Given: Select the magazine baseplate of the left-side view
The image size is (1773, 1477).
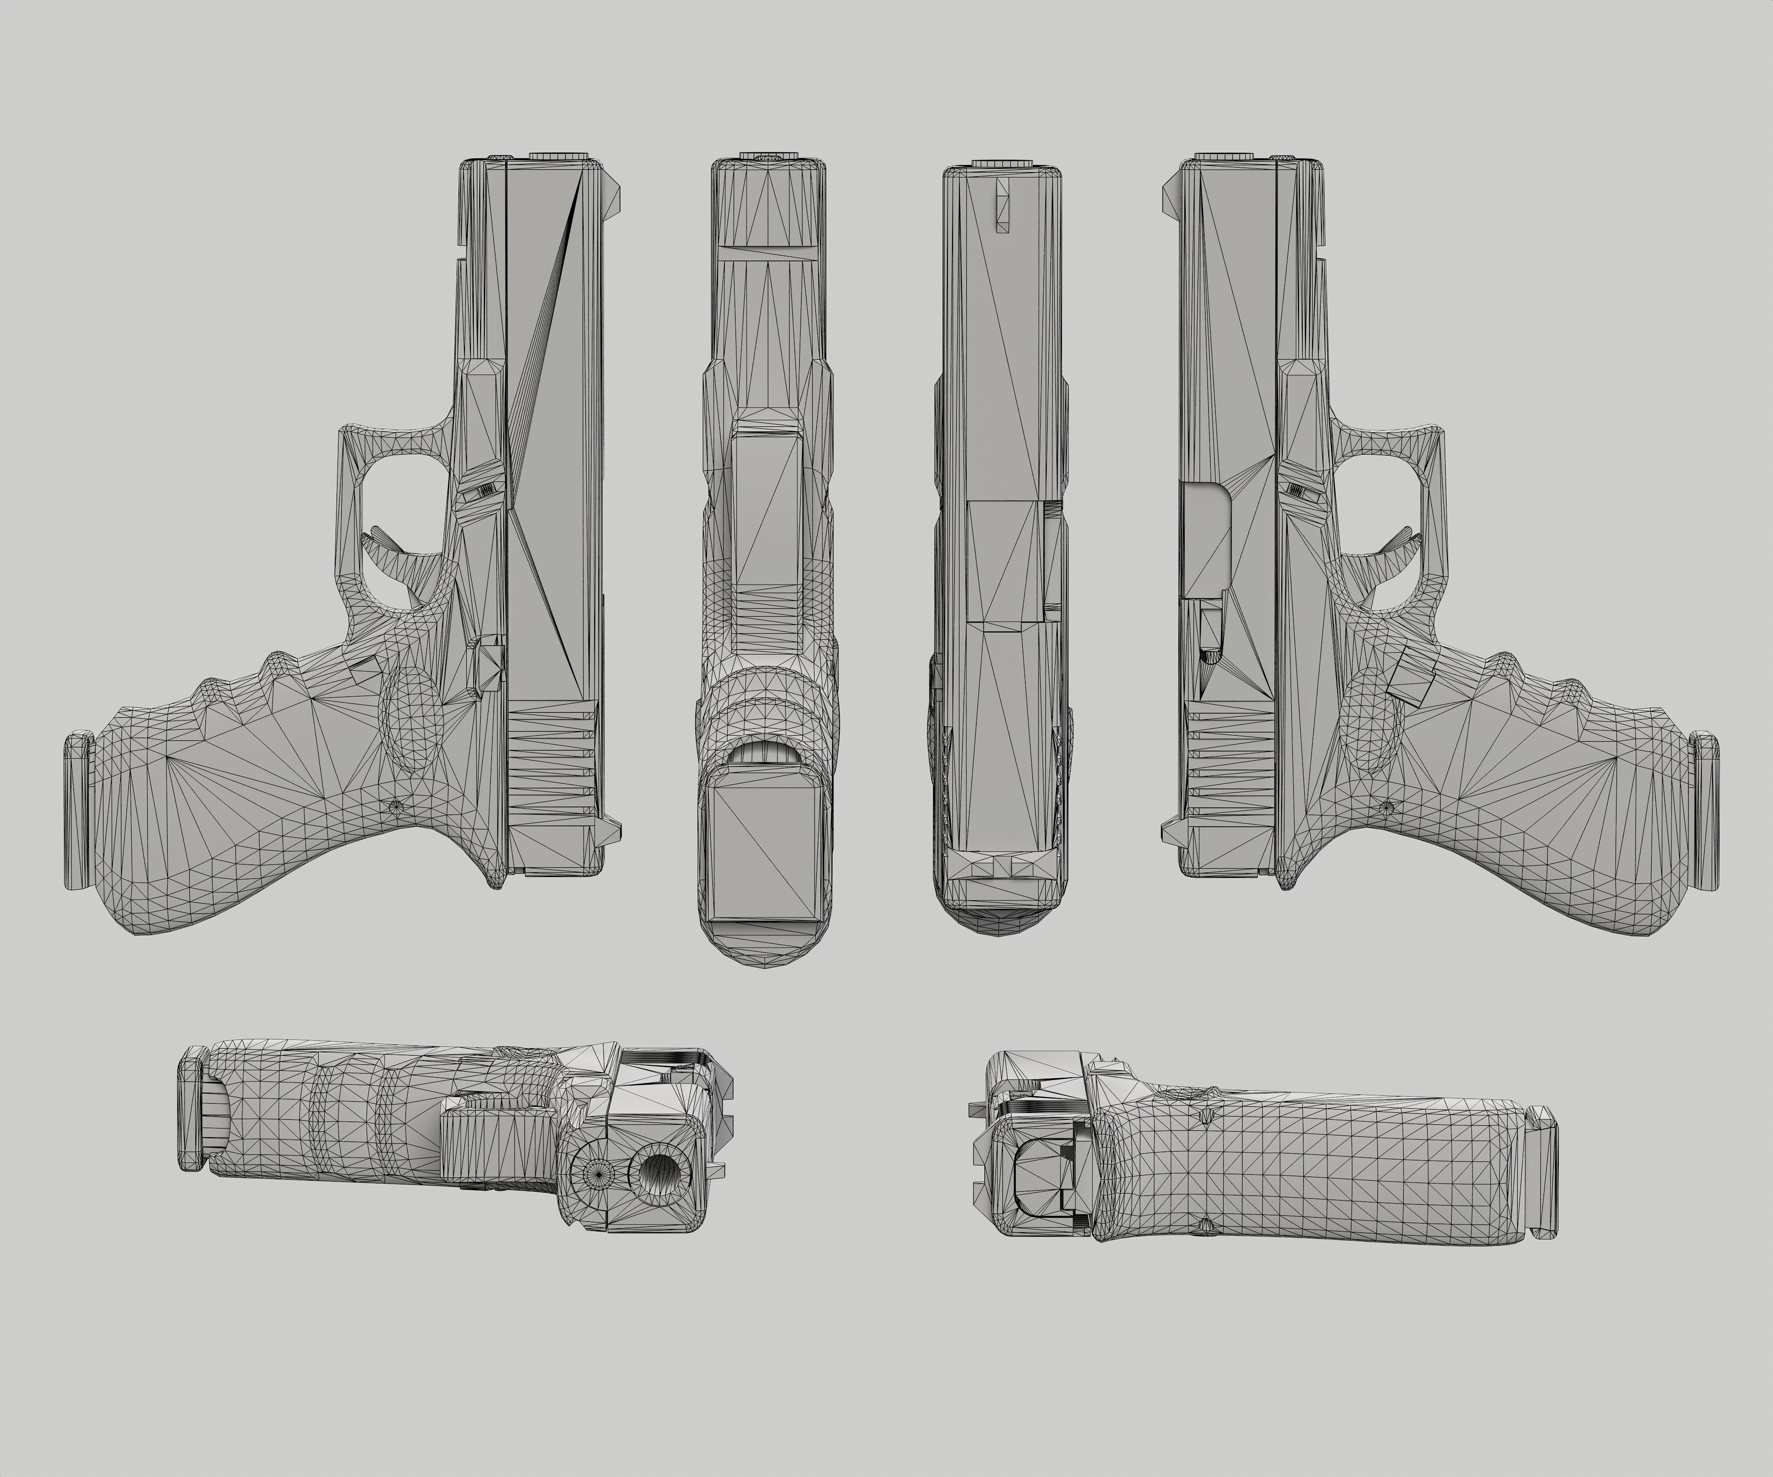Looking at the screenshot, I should pos(78,810).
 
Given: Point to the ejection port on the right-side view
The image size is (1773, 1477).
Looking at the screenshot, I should pos(1207,540).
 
